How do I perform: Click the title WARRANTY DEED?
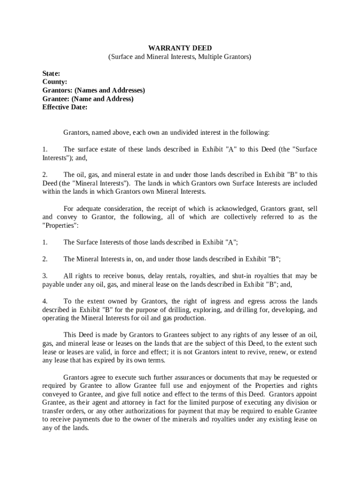point(180,48)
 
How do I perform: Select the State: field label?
point(51,73)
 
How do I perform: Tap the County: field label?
point(55,82)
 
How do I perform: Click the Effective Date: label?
point(65,107)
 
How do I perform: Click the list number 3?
point(45,276)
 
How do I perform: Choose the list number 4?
point(45,301)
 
